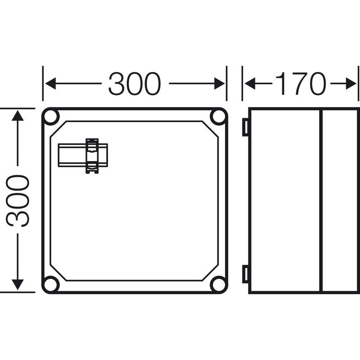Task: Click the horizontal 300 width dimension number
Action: [135, 84]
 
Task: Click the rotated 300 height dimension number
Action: [18, 201]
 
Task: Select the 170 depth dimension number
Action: [301, 84]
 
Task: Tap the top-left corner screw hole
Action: [51, 117]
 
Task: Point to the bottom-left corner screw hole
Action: [51, 285]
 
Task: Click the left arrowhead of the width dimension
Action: [50, 84]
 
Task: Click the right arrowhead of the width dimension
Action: [220, 84]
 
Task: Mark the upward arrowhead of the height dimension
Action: [18, 116]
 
